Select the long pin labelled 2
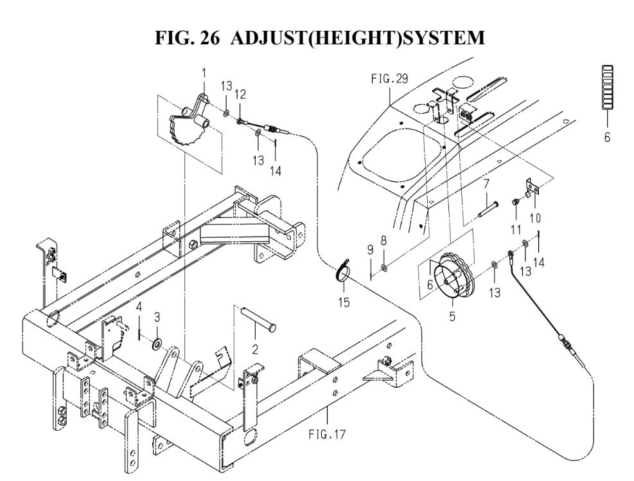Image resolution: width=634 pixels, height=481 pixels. pos(258,320)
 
